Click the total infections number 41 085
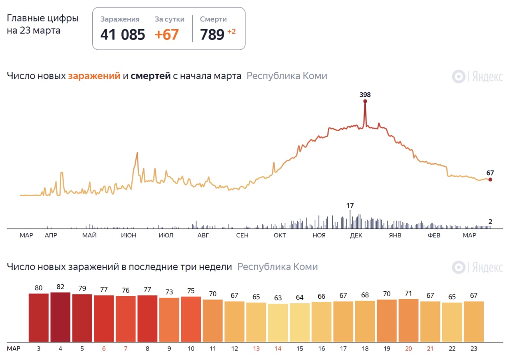tap(123, 35)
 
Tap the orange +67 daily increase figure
tap(167, 35)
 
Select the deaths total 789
tap(212, 35)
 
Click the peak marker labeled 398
tap(365, 101)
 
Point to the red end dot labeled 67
tap(490, 179)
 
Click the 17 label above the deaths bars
tap(350, 205)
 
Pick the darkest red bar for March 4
tap(60, 317)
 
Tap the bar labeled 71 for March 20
tap(409, 320)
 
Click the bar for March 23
tap(474, 321)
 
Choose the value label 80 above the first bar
tap(39, 288)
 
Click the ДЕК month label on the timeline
tap(356, 235)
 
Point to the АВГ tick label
tap(203, 235)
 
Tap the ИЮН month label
tap(128, 235)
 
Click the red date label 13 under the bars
tap(256, 348)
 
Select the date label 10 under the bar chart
tap(191, 348)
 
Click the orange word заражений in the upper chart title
tap(94, 76)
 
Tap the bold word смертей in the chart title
tap(151, 76)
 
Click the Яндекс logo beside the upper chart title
tap(478, 77)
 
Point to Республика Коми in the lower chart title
tap(277, 267)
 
